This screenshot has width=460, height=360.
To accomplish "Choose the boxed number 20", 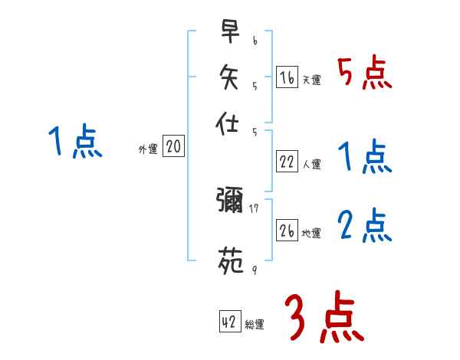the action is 174,147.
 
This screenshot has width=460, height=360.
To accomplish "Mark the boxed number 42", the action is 229,322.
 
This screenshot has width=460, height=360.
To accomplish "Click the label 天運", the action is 311,80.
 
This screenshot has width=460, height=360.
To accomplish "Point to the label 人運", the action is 311,164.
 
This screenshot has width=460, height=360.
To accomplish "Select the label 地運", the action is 311,233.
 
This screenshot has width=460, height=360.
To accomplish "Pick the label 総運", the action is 255,325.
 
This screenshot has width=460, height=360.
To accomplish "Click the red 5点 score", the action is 365,74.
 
